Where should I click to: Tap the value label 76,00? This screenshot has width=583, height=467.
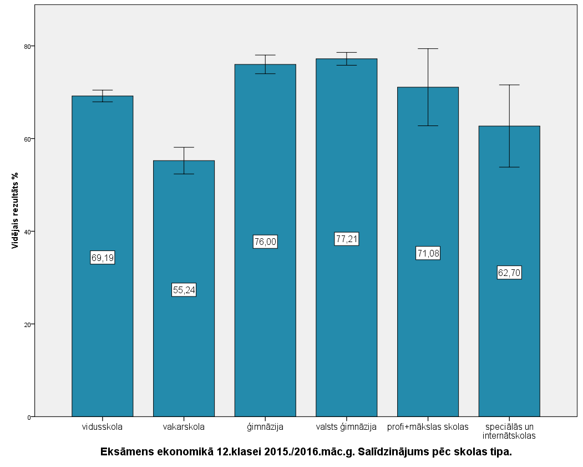(x=265, y=242)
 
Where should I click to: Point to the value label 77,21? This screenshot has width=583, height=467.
(x=347, y=239)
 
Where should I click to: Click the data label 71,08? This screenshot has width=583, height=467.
(x=428, y=254)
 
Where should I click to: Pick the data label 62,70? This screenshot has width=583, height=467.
(x=509, y=273)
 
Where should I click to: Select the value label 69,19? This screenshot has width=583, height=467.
(x=103, y=258)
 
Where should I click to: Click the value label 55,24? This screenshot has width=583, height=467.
(x=184, y=290)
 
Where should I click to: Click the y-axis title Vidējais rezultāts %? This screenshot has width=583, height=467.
(x=16, y=209)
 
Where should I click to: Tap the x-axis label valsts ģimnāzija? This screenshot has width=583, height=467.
(x=347, y=427)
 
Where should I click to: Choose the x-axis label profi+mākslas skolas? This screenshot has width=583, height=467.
(x=428, y=427)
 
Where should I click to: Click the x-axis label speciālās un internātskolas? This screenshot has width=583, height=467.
(x=509, y=431)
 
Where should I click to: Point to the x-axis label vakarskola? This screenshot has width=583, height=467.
(x=184, y=427)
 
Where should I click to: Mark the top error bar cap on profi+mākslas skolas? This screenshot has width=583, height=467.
(x=428, y=49)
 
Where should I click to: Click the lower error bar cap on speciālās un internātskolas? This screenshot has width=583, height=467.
(x=509, y=167)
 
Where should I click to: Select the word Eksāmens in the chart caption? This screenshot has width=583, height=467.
(x=124, y=452)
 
